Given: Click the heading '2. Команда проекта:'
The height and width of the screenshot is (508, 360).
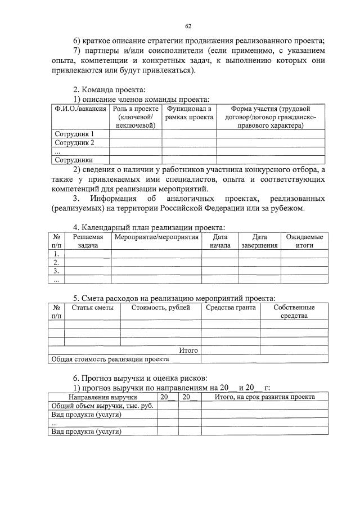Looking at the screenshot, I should tap(109, 89).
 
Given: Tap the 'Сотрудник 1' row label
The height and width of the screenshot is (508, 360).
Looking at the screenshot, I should tap(74, 134).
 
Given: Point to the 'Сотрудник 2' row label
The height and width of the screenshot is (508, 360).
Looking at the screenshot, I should tap(74, 142).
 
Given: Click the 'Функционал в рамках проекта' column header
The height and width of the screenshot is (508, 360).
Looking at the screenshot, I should tap(189, 113).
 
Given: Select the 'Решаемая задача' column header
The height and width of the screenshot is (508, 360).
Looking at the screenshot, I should tap(88, 241).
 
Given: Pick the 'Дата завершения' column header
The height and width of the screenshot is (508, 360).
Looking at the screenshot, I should tap(259, 241).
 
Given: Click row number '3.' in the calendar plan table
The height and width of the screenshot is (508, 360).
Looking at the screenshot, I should tap(56, 271).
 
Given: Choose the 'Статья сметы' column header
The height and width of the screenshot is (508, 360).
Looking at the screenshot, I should tap(92, 308).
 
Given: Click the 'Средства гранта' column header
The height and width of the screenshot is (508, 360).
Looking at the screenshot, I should tap(231, 308).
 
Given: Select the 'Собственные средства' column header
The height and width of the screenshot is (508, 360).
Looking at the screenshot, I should tap(294, 312).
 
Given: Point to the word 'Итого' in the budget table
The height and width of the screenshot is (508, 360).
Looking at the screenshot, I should tap(188, 350).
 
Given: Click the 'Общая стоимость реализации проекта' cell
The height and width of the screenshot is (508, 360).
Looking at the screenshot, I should tap(110, 358).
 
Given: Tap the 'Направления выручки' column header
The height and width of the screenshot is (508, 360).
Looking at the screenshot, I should tap(102, 397).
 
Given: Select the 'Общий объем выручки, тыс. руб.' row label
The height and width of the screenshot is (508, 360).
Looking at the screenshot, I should tap(102, 406).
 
